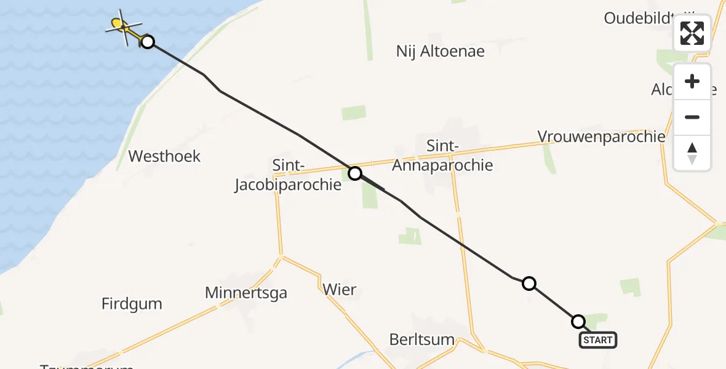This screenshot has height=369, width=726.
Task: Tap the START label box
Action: [x=597, y=340]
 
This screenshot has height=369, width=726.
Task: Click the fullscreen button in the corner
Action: [x=692, y=33]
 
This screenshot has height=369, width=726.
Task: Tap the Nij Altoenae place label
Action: [x=441, y=52]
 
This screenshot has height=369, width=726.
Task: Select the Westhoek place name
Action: [x=164, y=156]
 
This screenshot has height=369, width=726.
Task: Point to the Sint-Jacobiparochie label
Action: [x=288, y=175]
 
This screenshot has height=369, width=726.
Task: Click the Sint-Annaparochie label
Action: [x=442, y=156]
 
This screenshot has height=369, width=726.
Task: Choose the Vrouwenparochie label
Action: [x=601, y=137]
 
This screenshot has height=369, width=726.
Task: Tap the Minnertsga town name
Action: [x=246, y=293]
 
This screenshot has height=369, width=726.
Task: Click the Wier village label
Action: [x=339, y=289]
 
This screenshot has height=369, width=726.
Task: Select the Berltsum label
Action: [x=422, y=339]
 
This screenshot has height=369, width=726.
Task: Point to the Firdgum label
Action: [x=132, y=303]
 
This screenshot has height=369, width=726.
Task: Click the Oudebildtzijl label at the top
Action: [x=640, y=18]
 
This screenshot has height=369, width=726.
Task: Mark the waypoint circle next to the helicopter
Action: [x=147, y=42]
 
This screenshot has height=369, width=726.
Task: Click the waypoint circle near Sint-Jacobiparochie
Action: [x=355, y=173]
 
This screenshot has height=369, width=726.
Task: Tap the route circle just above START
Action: [x=578, y=322]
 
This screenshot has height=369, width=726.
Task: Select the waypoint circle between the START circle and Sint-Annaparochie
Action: [x=529, y=284]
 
